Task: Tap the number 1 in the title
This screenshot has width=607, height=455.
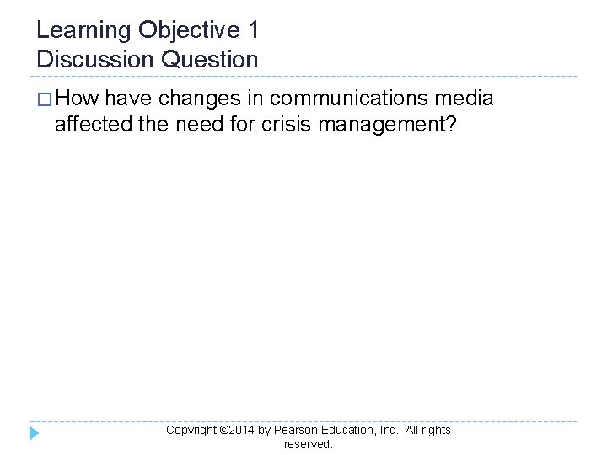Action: click(253, 31)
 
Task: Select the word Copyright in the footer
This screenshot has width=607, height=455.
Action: click(191, 430)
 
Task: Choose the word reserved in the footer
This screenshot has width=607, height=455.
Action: click(308, 444)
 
